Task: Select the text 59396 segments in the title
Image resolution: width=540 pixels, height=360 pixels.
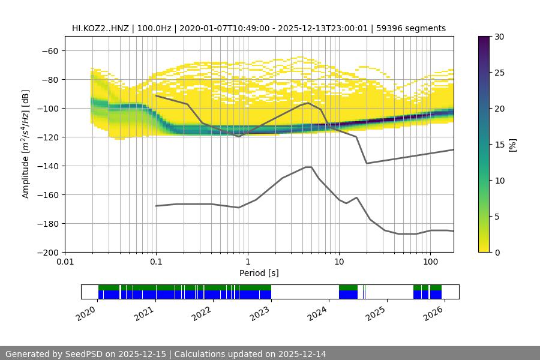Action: [x=415, y=28]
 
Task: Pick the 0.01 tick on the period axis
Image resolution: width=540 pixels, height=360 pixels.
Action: [x=65, y=262]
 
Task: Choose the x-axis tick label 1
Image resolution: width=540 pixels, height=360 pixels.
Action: [x=247, y=262]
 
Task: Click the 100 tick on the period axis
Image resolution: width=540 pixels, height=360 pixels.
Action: [x=430, y=262]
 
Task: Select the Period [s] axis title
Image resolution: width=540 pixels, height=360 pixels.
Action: [x=259, y=273]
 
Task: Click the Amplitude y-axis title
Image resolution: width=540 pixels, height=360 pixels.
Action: [x=26, y=144]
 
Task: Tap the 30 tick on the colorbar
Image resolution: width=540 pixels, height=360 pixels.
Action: [x=499, y=37]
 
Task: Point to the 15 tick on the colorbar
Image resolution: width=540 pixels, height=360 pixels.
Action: [x=499, y=145]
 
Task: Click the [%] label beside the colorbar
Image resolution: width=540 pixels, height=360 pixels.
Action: [x=512, y=145]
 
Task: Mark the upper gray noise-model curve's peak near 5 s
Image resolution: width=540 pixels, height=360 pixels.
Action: [x=308, y=103]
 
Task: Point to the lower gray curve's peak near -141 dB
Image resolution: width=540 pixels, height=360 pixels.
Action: [x=308, y=167]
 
